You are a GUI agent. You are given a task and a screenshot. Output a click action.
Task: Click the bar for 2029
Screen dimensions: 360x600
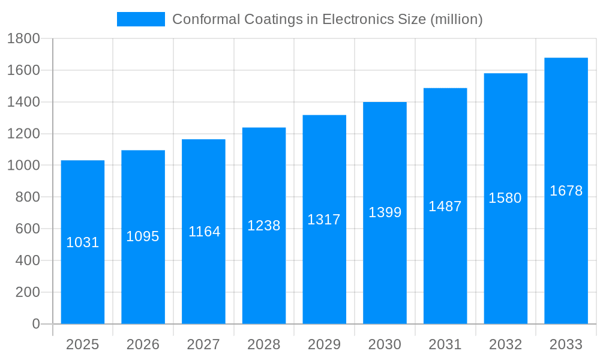(324, 270)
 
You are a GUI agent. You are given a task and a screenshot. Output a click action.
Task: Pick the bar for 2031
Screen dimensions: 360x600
(445, 264)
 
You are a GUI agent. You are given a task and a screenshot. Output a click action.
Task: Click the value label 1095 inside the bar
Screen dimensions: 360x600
(143, 236)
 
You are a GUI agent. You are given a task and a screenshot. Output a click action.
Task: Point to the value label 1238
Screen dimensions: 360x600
(264, 226)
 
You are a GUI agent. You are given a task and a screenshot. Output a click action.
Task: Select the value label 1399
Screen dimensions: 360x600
(385, 212)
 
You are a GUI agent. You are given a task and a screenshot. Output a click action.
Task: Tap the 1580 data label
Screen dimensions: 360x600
(505, 198)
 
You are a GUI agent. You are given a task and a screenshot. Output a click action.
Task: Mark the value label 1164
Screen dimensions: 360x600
(204, 232)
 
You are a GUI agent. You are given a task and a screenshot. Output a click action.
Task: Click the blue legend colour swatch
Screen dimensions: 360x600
(140, 19)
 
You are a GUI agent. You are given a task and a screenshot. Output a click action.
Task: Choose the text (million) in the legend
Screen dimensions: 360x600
(457, 19)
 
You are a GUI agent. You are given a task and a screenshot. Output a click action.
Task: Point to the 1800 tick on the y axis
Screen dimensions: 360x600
(23, 39)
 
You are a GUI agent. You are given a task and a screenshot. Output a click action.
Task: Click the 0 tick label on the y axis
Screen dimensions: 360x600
(35, 324)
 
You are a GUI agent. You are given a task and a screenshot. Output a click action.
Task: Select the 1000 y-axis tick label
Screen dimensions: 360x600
(23, 166)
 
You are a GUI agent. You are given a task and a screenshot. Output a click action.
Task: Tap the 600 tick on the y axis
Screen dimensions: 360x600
(27, 229)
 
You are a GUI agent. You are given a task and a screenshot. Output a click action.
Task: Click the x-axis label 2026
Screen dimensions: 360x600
(143, 344)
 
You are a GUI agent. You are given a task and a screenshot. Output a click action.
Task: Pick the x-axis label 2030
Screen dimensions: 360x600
(385, 344)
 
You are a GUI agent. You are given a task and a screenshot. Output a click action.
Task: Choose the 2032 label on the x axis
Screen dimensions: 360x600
(505, 344)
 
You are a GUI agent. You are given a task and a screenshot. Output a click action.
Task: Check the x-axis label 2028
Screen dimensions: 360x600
(264, 344)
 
